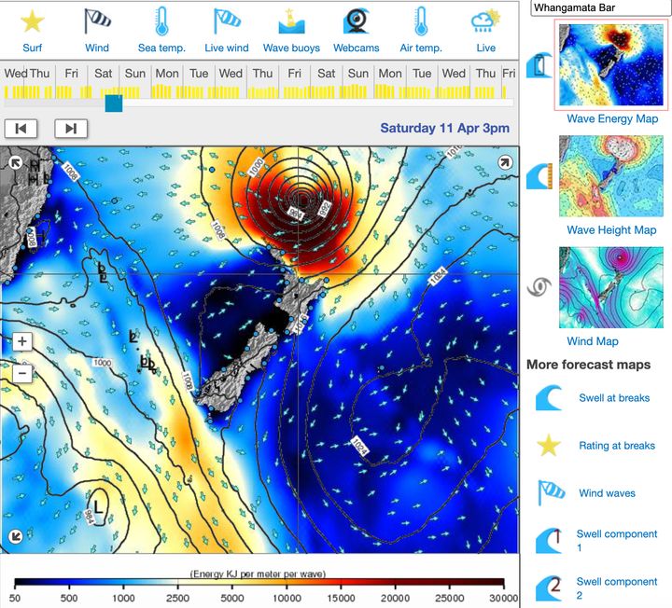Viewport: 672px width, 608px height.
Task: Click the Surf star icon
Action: coord(33,21)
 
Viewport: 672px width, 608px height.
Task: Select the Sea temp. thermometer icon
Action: coord(161,21)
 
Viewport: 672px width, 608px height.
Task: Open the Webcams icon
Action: coord(356,21)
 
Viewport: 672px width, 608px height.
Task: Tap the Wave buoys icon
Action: coord(291,21)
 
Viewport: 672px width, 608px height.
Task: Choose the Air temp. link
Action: coord(420,48)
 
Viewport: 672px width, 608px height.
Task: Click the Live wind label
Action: coord(227,48)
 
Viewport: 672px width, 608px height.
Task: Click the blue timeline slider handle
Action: coord(114,103)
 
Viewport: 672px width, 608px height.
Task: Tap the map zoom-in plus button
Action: coord(22,342)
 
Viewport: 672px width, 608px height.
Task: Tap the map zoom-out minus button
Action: coord(22,373)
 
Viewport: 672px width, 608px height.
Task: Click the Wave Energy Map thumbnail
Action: coord(611,65)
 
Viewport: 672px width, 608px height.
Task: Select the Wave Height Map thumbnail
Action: coord(611,176)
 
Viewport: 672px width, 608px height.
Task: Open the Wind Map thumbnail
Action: coord(611,287)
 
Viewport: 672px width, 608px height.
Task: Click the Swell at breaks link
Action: coord(614,398)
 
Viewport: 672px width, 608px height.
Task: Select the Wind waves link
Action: coord(607,493)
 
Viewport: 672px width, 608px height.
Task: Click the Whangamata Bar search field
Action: coord(600,7)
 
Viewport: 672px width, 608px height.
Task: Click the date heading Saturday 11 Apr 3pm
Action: coord(445,129)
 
